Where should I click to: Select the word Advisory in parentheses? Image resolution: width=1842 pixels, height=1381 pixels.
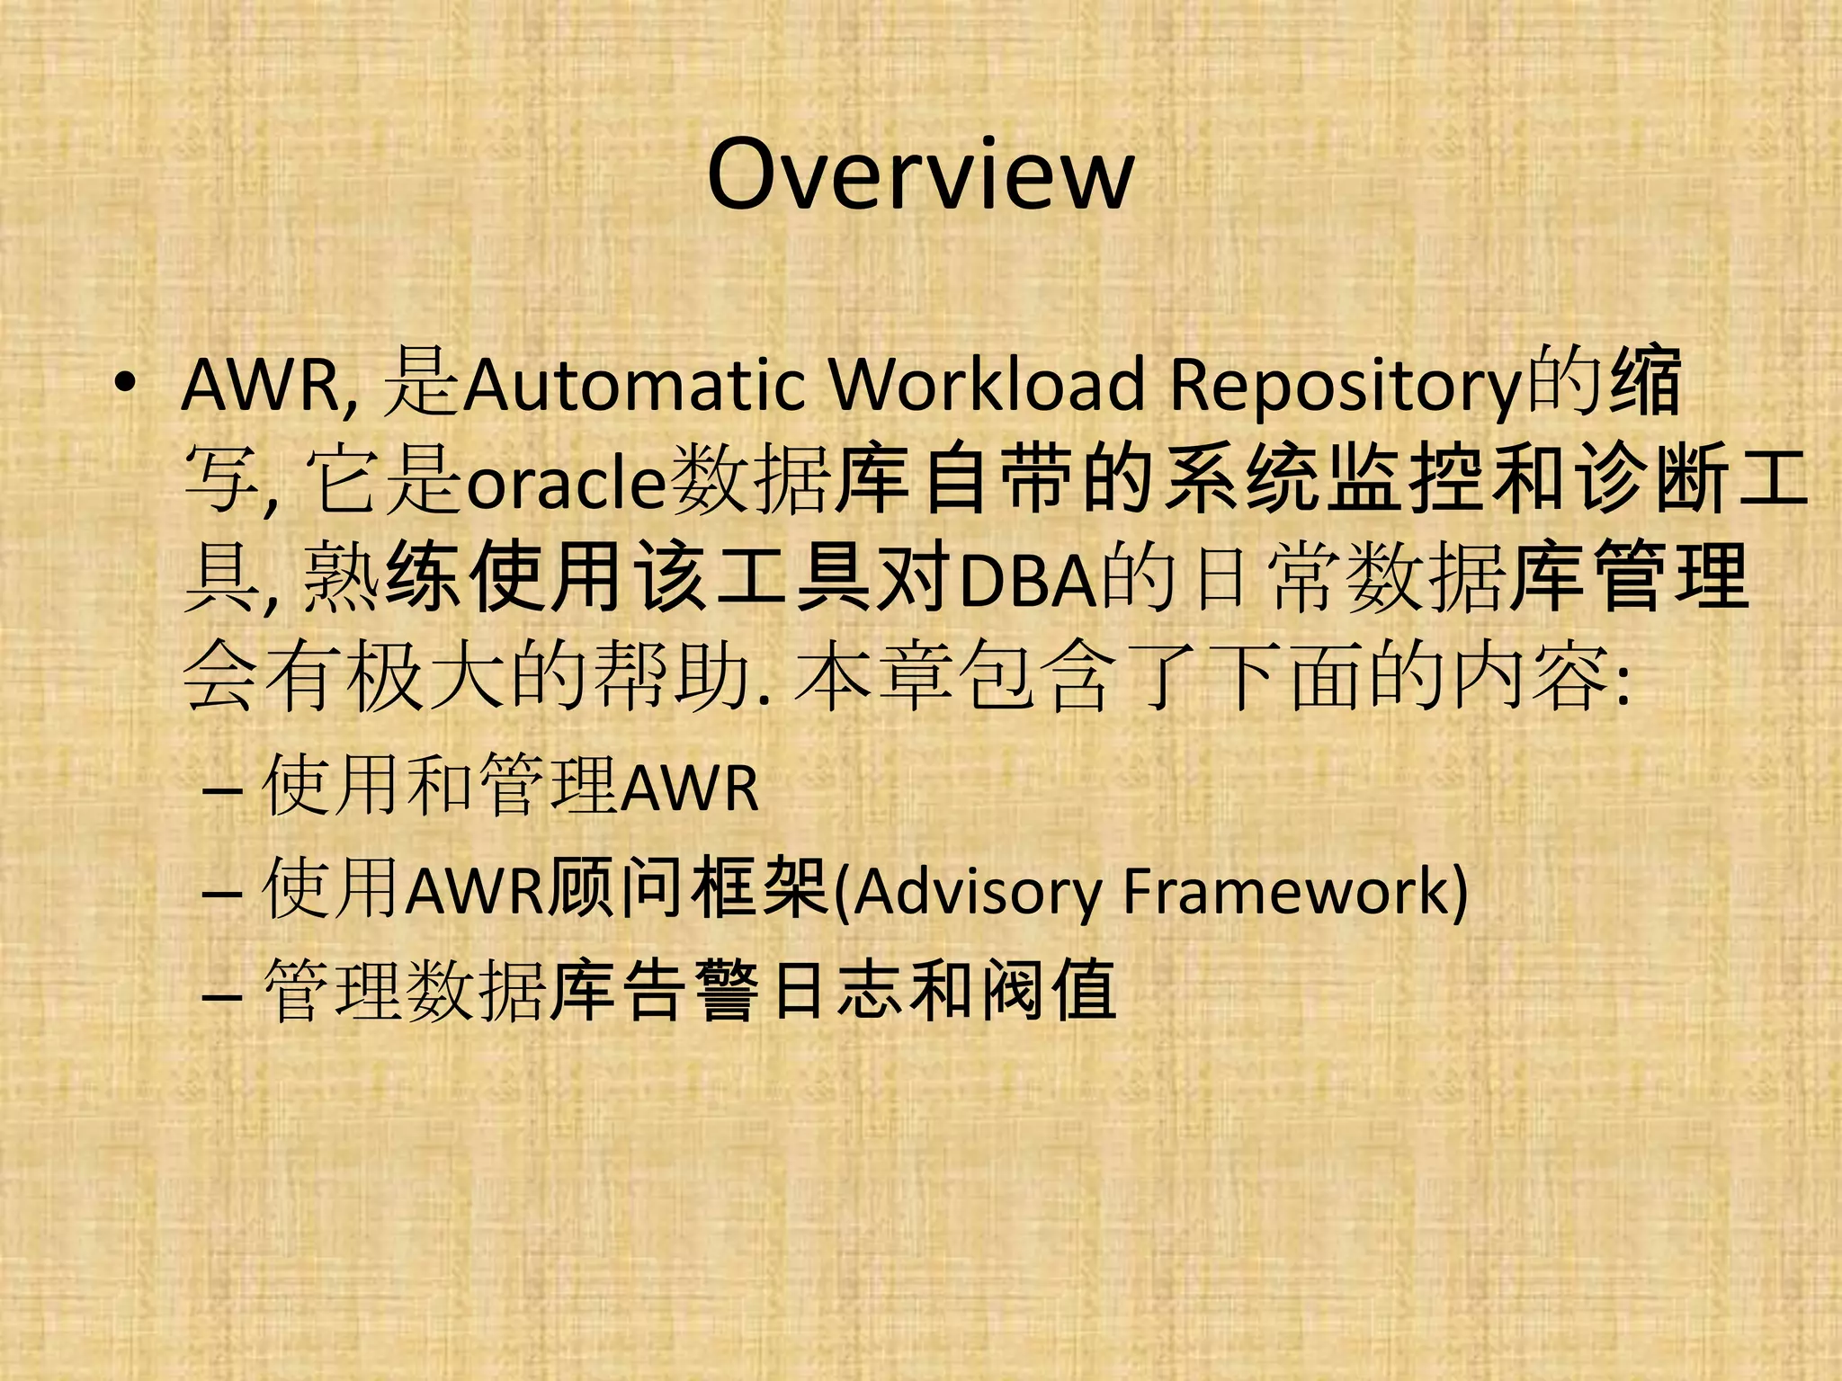coord(977,892)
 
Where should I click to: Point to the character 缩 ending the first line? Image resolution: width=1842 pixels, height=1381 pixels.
coord(1646,383)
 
